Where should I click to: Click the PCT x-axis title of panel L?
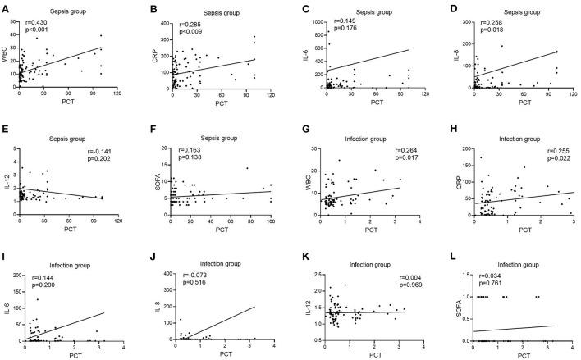pos(521,355)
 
